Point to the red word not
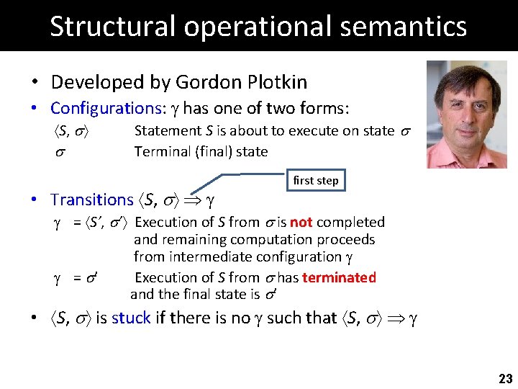(x=300, y=222)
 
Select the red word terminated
(x=339, y=277)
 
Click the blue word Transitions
(x=92, y=200)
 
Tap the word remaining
(x=192, y=239)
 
